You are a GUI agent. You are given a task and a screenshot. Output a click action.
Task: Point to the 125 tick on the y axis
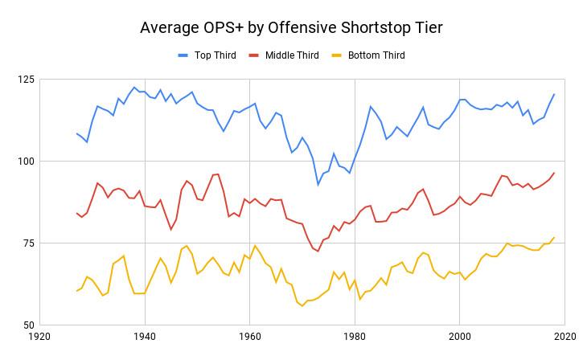click(25, 80)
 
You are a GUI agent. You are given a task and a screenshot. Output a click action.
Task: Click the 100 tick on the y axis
click(25, 162)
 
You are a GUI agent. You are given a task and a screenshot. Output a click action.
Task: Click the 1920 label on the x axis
click(40, 338)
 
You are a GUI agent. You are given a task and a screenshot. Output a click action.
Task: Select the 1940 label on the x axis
click(145, 338)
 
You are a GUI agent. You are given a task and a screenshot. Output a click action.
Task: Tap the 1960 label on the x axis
click(250, 338)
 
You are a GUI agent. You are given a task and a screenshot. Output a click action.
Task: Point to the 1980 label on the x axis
click(355, 338)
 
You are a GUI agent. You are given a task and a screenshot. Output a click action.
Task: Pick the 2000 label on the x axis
click(459, 338)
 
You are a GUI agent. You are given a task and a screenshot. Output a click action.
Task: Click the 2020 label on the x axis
click(564, 338)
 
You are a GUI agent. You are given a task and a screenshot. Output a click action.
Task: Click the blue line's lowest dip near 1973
click(318, 185)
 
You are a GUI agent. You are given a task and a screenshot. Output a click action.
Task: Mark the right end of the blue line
click(554, 94)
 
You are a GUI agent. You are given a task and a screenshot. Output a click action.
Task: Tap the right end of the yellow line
click(554, 237)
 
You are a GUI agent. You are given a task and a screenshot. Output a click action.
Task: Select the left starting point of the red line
click(76, 213)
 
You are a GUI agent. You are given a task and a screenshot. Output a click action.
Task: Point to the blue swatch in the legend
click(183, 55)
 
